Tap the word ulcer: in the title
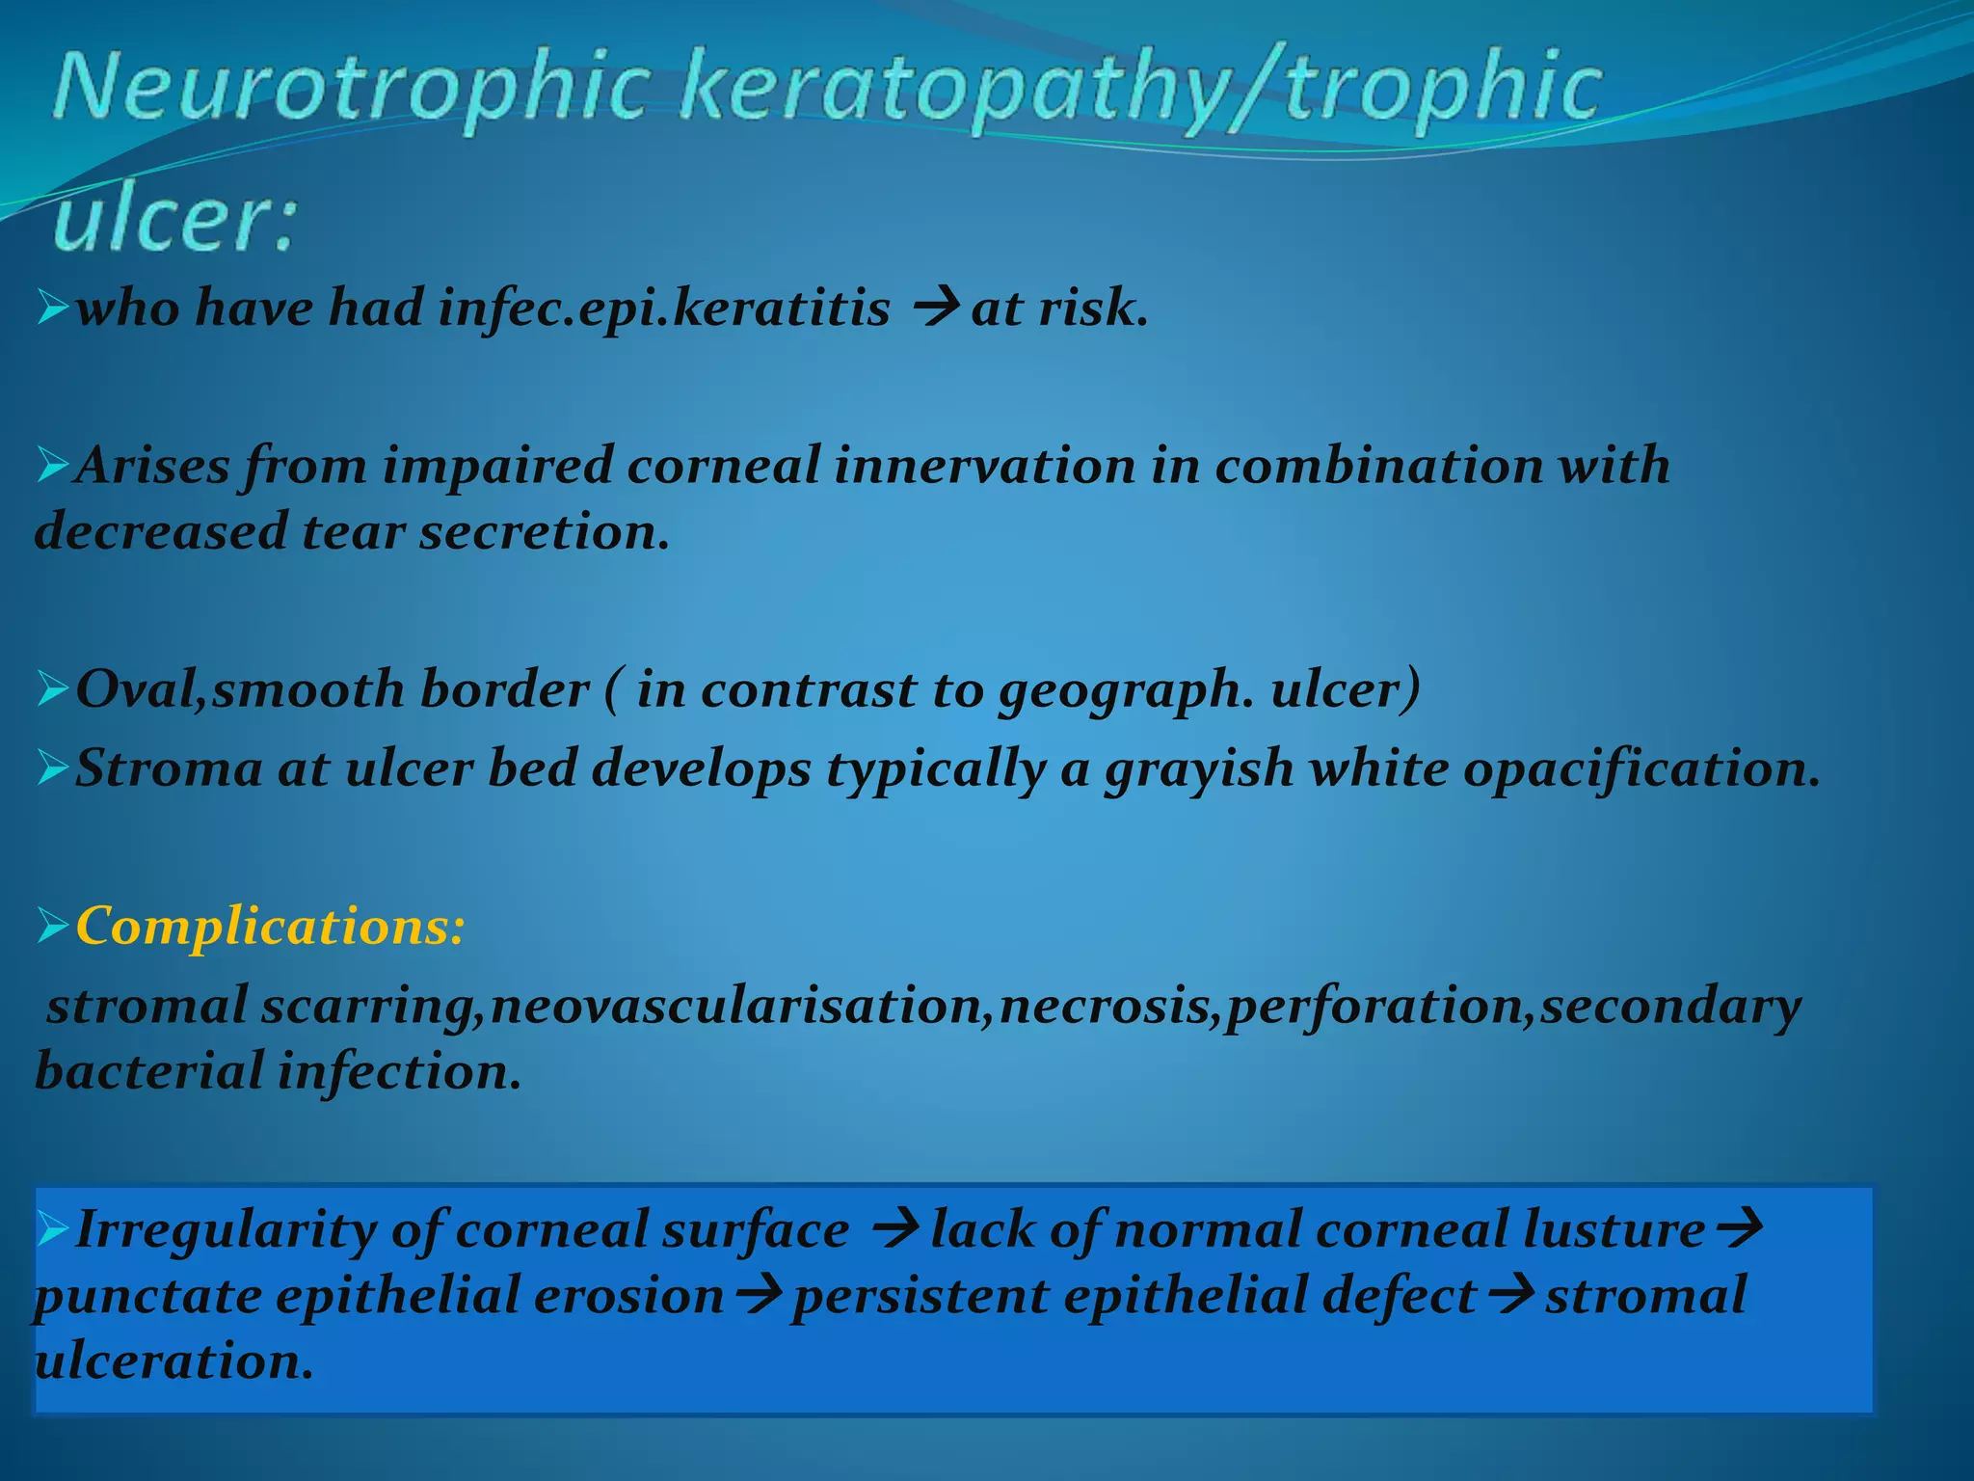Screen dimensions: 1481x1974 coord(173,220)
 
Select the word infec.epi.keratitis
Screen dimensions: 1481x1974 coord(664,310)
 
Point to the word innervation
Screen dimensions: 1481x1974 coord(984,466)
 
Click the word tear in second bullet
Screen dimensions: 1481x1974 coord(353,532)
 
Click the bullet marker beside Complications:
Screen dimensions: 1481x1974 coord(52,927)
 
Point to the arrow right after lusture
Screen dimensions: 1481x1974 coord(1740,1230)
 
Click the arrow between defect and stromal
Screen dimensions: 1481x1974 coord(1509,1296)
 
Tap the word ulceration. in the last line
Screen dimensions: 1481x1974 coord(173,1361)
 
